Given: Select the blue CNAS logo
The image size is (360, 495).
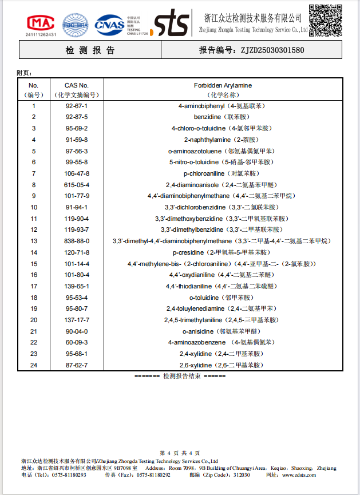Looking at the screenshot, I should tap(109, 23).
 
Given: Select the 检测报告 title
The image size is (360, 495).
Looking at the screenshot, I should tap(90, 50).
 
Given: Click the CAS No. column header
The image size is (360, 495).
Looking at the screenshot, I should tap(77, 85).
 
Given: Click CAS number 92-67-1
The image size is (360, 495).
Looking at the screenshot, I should tap(77, 106).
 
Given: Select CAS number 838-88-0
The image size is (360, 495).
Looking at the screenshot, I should tap(77, 241).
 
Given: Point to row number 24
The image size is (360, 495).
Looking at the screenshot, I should tap(34, 365).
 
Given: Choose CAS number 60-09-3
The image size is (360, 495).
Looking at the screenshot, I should tap(77, 342).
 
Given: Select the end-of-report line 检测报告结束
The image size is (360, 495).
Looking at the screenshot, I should tap(180, 376).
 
